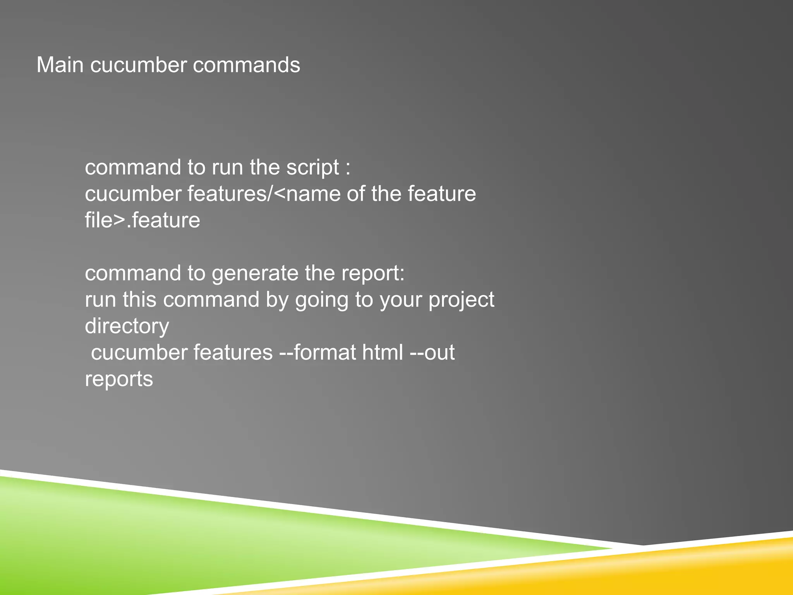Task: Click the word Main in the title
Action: [x=60, y=65]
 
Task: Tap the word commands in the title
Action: [x=246, y=65]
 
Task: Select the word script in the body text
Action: [x=312, y=167]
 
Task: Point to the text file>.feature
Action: [x=142, y=220]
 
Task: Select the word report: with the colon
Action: [x=373, y=273]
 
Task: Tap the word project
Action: [x=461, y=300]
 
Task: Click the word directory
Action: [x=127, y=326]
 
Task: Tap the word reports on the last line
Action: [x=118, y=379]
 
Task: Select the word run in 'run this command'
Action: [x=100, y=300]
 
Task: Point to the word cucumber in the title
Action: [x=138, y=65]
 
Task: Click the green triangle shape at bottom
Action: [x=155, y=542]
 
